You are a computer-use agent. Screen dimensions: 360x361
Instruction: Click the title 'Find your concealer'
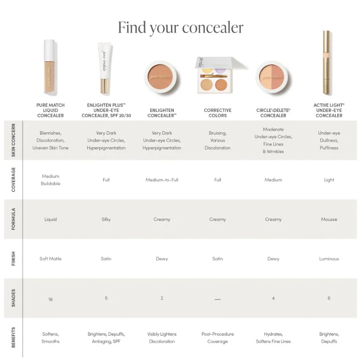pos(180,27)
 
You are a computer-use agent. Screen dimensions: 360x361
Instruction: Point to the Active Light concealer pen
pos(326,63)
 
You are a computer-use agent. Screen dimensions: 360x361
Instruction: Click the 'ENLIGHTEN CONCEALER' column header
pos(162,113)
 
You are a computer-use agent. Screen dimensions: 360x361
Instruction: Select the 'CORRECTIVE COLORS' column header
pos(217,113)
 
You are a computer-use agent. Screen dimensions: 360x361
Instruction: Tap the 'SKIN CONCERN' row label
pos(13,140)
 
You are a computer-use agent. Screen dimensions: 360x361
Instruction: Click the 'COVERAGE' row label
pos(13,180)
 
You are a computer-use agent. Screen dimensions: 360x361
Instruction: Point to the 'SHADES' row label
pos(13,298)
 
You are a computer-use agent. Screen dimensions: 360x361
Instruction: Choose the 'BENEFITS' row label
pos(13,337)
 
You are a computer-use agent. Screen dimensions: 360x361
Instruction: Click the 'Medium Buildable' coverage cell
pos(50,180)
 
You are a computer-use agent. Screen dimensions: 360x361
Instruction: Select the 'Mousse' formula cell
pos(329,219)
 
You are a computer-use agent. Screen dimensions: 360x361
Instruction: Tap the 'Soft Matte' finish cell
pos(50,259)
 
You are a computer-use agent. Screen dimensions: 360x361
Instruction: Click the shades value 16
pos(50,299)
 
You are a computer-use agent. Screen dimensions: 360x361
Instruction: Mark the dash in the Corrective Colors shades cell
pos(217,299)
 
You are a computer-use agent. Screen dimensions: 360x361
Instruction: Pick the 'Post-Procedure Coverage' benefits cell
pos(217,337)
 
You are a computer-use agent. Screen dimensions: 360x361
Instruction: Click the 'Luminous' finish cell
pos(329,259)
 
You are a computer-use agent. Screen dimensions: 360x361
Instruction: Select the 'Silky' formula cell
pos(106,219)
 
